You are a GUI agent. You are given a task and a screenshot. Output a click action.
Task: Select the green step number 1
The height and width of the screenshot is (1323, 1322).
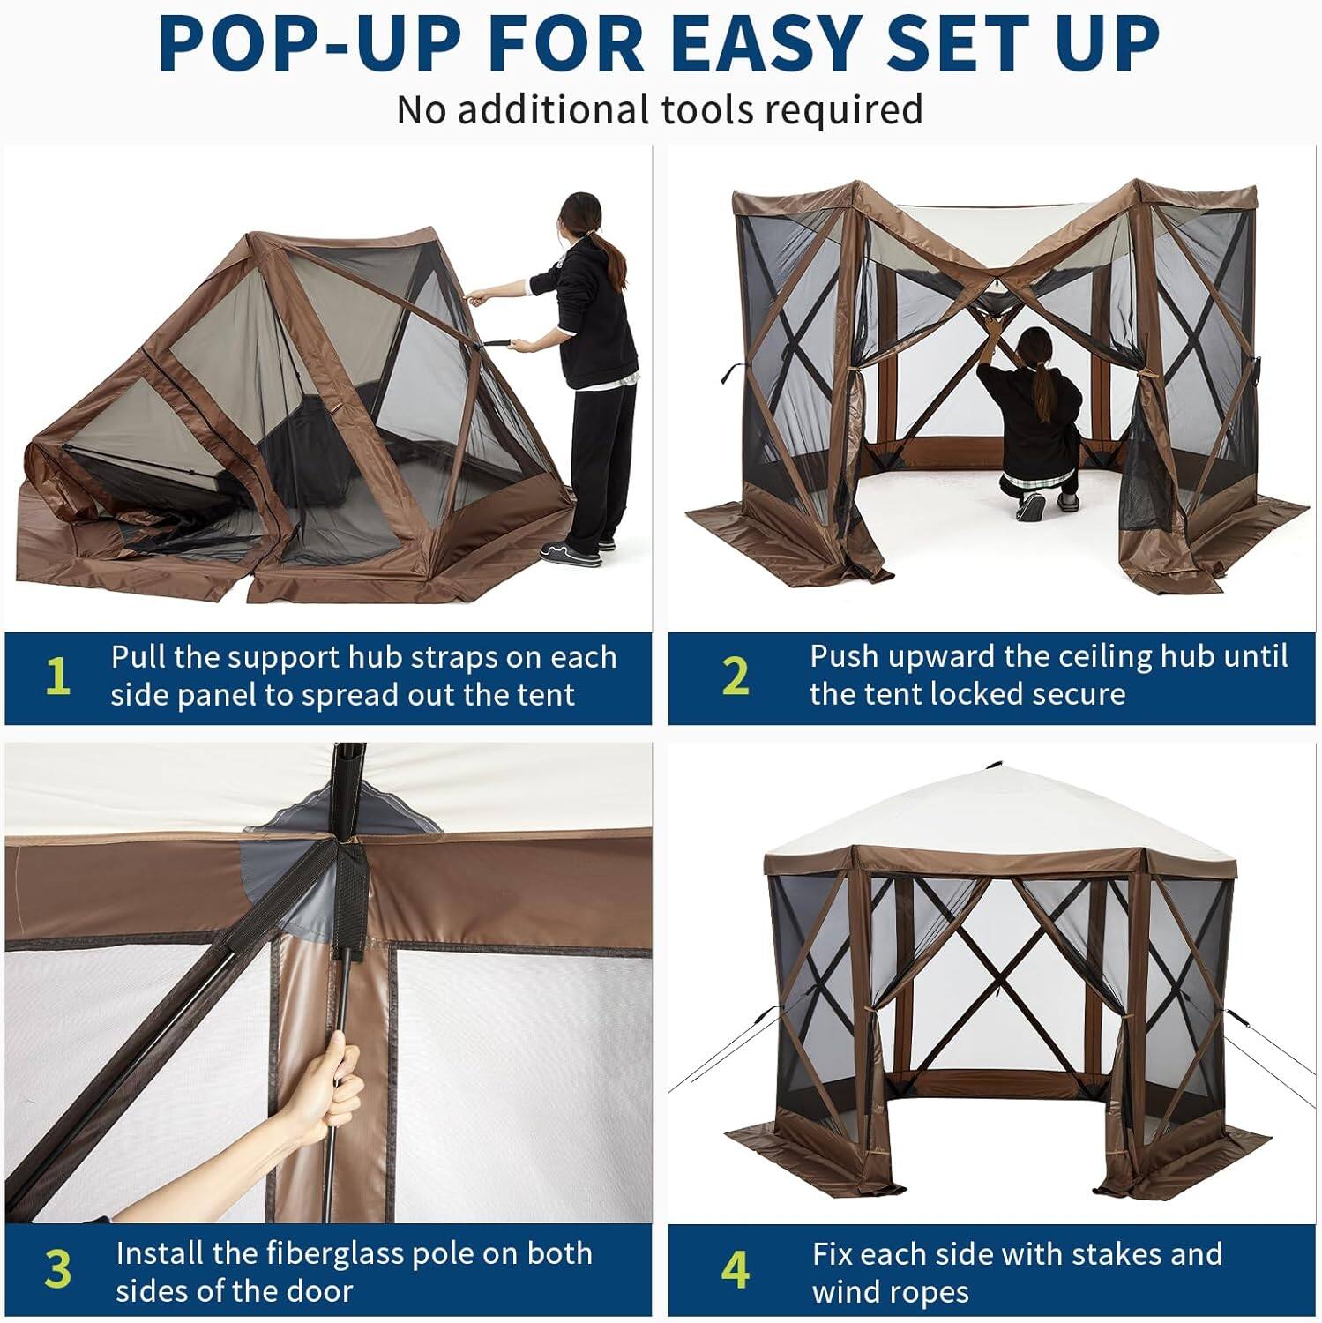pos(57,677)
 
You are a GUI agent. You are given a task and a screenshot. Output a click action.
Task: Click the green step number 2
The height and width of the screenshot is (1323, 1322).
pos(735,677)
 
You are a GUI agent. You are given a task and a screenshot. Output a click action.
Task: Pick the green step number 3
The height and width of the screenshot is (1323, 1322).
pos(57,1270)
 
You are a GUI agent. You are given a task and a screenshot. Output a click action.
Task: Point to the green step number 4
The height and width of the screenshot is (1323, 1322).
pos(735,1270)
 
